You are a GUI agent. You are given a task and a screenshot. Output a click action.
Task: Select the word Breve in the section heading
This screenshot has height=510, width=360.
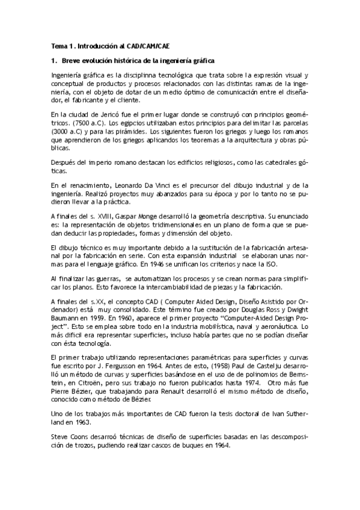73,61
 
